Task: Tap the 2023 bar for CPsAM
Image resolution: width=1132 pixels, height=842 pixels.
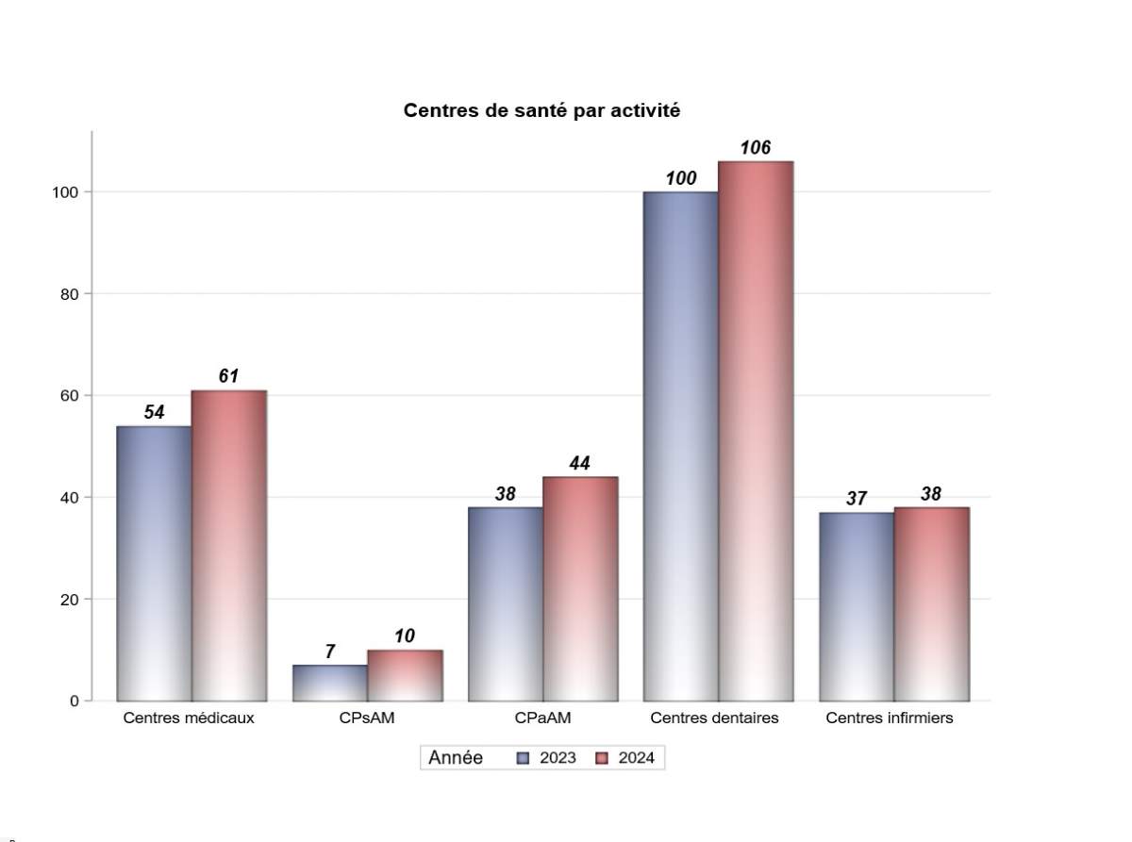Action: click(330, 683)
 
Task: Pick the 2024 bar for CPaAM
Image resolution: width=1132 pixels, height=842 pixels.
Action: click(580, 588)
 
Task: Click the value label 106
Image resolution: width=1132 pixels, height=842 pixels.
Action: click(755, 148)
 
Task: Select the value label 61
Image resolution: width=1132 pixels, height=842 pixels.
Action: click(228, 376)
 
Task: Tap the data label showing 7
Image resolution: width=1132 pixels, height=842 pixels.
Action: click(330, 652)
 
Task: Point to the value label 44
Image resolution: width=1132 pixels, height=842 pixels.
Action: click(579, 463)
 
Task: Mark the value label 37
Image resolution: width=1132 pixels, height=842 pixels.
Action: click(856, 499)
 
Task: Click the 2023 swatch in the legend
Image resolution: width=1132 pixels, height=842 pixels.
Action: click(523, 758)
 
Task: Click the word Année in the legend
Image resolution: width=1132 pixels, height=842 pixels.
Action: click(456, 758)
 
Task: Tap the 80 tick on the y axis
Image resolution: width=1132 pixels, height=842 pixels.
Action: click(69, 294)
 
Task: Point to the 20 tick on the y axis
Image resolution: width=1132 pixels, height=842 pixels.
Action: click(69, 600)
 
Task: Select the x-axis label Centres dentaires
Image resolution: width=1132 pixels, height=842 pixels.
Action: click(714, 718)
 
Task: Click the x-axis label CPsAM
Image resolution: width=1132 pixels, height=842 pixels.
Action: click(367, 718)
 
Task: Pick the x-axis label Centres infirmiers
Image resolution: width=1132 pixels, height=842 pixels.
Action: click(889, 718)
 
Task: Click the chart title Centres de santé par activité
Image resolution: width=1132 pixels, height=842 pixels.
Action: click(541, 110)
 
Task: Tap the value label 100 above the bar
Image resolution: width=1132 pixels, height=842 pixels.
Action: click(680, 178)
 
